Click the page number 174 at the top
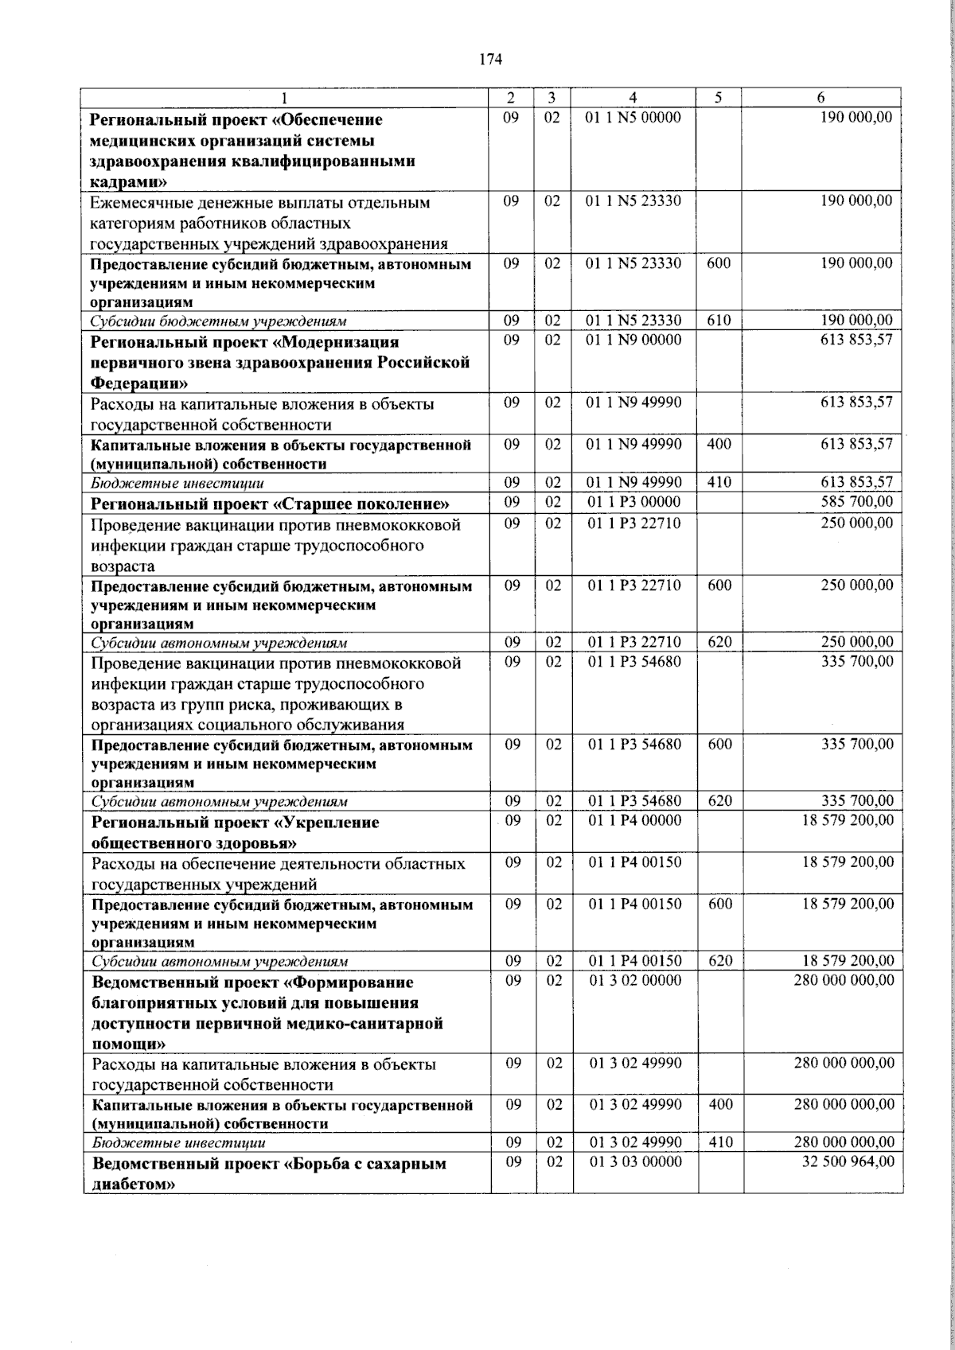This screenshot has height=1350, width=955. (x=490, y=58)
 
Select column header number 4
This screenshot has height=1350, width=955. (x=633, y=98)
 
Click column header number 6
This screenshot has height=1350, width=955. (x=821, y=98)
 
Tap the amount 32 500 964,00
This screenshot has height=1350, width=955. (x=848, y=1161)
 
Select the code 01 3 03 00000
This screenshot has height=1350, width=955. (x=634, y=1161)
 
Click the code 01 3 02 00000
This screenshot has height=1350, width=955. (x=634, y=980)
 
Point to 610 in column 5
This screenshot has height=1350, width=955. (x=719, y=321)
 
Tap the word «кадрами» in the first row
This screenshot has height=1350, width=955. (x=129, y=182)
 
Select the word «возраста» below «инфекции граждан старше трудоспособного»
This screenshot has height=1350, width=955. (x=123, y=566)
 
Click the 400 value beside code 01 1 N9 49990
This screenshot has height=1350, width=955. (x=719, y=443)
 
